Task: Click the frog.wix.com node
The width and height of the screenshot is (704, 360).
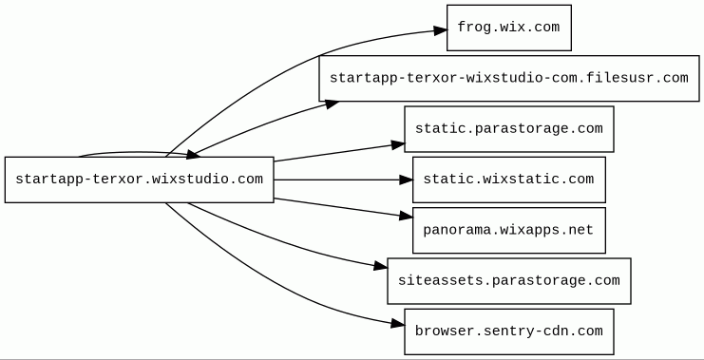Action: [509, 28]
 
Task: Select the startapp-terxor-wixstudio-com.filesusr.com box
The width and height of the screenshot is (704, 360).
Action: [509, 79]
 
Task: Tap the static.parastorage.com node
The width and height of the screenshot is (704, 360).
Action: [509, 129]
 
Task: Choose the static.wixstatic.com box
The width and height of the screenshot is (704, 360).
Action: [509, 180]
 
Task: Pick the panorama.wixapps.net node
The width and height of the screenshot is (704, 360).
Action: [509, 230]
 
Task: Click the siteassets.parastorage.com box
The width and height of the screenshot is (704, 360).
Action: [509, 281]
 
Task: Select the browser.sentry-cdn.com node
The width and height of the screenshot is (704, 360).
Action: [509, 332]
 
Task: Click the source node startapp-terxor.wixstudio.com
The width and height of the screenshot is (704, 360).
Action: [139, 180]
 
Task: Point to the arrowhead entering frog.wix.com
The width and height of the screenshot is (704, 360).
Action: [441, 30]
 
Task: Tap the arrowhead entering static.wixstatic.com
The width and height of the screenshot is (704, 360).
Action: [406, 180]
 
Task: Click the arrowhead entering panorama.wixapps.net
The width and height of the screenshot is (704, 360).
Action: [406, 217]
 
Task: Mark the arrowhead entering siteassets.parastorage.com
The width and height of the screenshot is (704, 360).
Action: [380, 267]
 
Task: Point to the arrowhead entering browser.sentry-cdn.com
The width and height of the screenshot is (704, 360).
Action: [398, 324]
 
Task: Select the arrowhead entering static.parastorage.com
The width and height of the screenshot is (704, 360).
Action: [398, 144]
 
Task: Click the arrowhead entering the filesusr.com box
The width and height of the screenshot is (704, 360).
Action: [332, 104]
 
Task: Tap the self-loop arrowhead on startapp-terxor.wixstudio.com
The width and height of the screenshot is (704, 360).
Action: [192, 155]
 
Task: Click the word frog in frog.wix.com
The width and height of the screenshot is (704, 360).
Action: [474, 28]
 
